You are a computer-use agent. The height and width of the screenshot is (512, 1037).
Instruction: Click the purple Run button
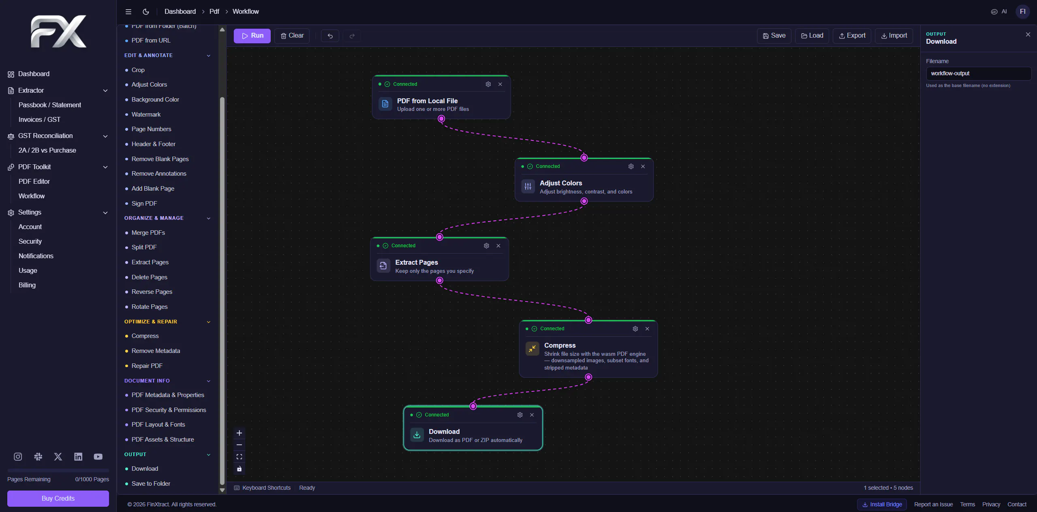click(252, 36)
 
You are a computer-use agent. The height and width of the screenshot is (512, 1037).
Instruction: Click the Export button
click(852, 36)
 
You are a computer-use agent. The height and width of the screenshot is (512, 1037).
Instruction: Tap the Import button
click(894, 36)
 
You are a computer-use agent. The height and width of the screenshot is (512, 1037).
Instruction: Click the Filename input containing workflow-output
click(978, 73)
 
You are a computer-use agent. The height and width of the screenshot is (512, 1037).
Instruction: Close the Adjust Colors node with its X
click(643, 166)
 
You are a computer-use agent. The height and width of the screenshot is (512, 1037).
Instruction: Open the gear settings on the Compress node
click(635, 329)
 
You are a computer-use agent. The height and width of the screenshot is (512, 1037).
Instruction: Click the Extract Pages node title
click(416, 262)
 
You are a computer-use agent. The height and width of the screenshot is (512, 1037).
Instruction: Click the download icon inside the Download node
click(417, 435)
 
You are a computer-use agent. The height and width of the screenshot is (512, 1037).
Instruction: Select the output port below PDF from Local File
click(441, 119)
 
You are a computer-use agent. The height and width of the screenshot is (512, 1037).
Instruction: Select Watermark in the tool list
click(146, 115)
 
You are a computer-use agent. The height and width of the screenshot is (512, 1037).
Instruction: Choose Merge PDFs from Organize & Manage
click(148, 233)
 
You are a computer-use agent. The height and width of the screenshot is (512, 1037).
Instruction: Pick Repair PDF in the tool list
click(147, 366)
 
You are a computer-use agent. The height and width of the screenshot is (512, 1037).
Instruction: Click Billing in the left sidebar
click(27, 285)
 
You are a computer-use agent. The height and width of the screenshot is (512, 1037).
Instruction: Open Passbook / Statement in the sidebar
click(50, 105)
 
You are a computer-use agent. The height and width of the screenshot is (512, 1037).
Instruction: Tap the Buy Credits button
click(58, 499)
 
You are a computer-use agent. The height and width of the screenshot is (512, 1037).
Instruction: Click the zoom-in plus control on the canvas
click(239, 433)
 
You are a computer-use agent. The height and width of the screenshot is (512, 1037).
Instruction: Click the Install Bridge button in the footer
click(882, 504)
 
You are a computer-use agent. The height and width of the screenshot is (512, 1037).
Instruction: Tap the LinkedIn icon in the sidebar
click(78, 457)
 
